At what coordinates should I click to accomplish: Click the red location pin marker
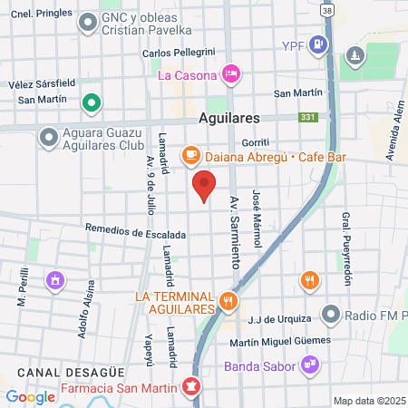click(x=204, y=185)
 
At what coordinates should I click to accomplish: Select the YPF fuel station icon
click(x=316, y=44)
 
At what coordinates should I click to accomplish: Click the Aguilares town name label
click(x=229, y=119)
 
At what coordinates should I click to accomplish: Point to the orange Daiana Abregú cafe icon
click(x=190, y=156)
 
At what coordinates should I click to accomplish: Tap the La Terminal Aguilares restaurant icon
click(x=228, y=299)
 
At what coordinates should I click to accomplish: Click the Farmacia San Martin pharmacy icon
click(x=190, y=387)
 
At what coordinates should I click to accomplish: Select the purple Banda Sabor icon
click(x=310, y=365)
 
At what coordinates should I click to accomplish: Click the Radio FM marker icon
click(x=332, y=316)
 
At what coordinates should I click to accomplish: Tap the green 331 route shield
click(x=308, y=118)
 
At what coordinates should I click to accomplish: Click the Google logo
click(x=30, y=397)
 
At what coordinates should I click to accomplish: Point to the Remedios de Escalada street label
click(x=136, y=233)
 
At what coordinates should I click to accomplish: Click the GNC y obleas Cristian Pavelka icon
click(x=88, y=23)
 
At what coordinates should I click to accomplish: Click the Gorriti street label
click(x=256, y=143)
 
